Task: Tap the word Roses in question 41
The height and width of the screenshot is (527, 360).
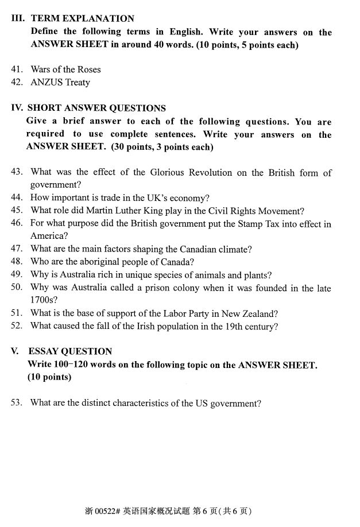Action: [88, 69]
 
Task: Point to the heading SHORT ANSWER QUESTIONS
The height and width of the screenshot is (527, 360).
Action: [96, 108]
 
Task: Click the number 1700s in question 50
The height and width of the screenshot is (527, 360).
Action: [44, 300]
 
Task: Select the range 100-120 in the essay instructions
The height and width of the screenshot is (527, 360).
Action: [69, 365]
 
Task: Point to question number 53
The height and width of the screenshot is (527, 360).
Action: [17, 403]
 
